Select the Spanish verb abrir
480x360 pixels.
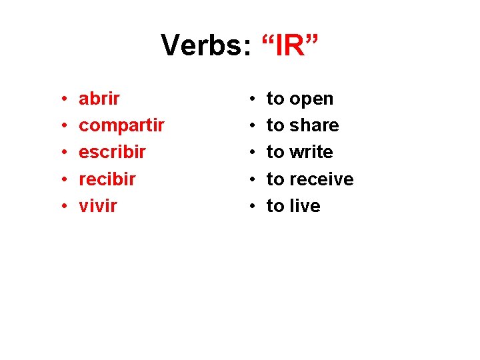coord(99,99)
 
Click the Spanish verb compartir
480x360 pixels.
coord(121,126)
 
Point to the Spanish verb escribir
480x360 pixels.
coord(112,152)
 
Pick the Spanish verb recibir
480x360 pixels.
coord(107,179)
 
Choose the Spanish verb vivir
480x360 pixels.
coord(97,206)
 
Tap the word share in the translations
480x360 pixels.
coord(314,125)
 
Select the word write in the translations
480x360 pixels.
coord(311,152)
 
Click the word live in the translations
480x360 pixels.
coord(305,206)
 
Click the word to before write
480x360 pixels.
coord(275,152)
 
